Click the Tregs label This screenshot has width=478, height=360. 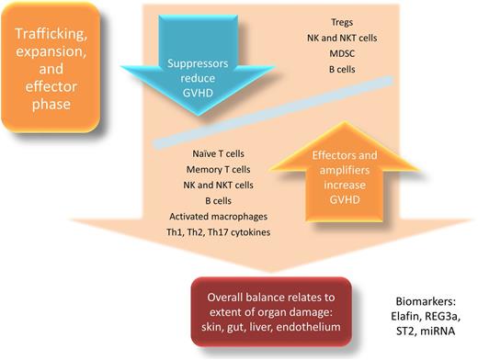[x=347, y=19]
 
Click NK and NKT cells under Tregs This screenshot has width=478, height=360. [x=347, y=39]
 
